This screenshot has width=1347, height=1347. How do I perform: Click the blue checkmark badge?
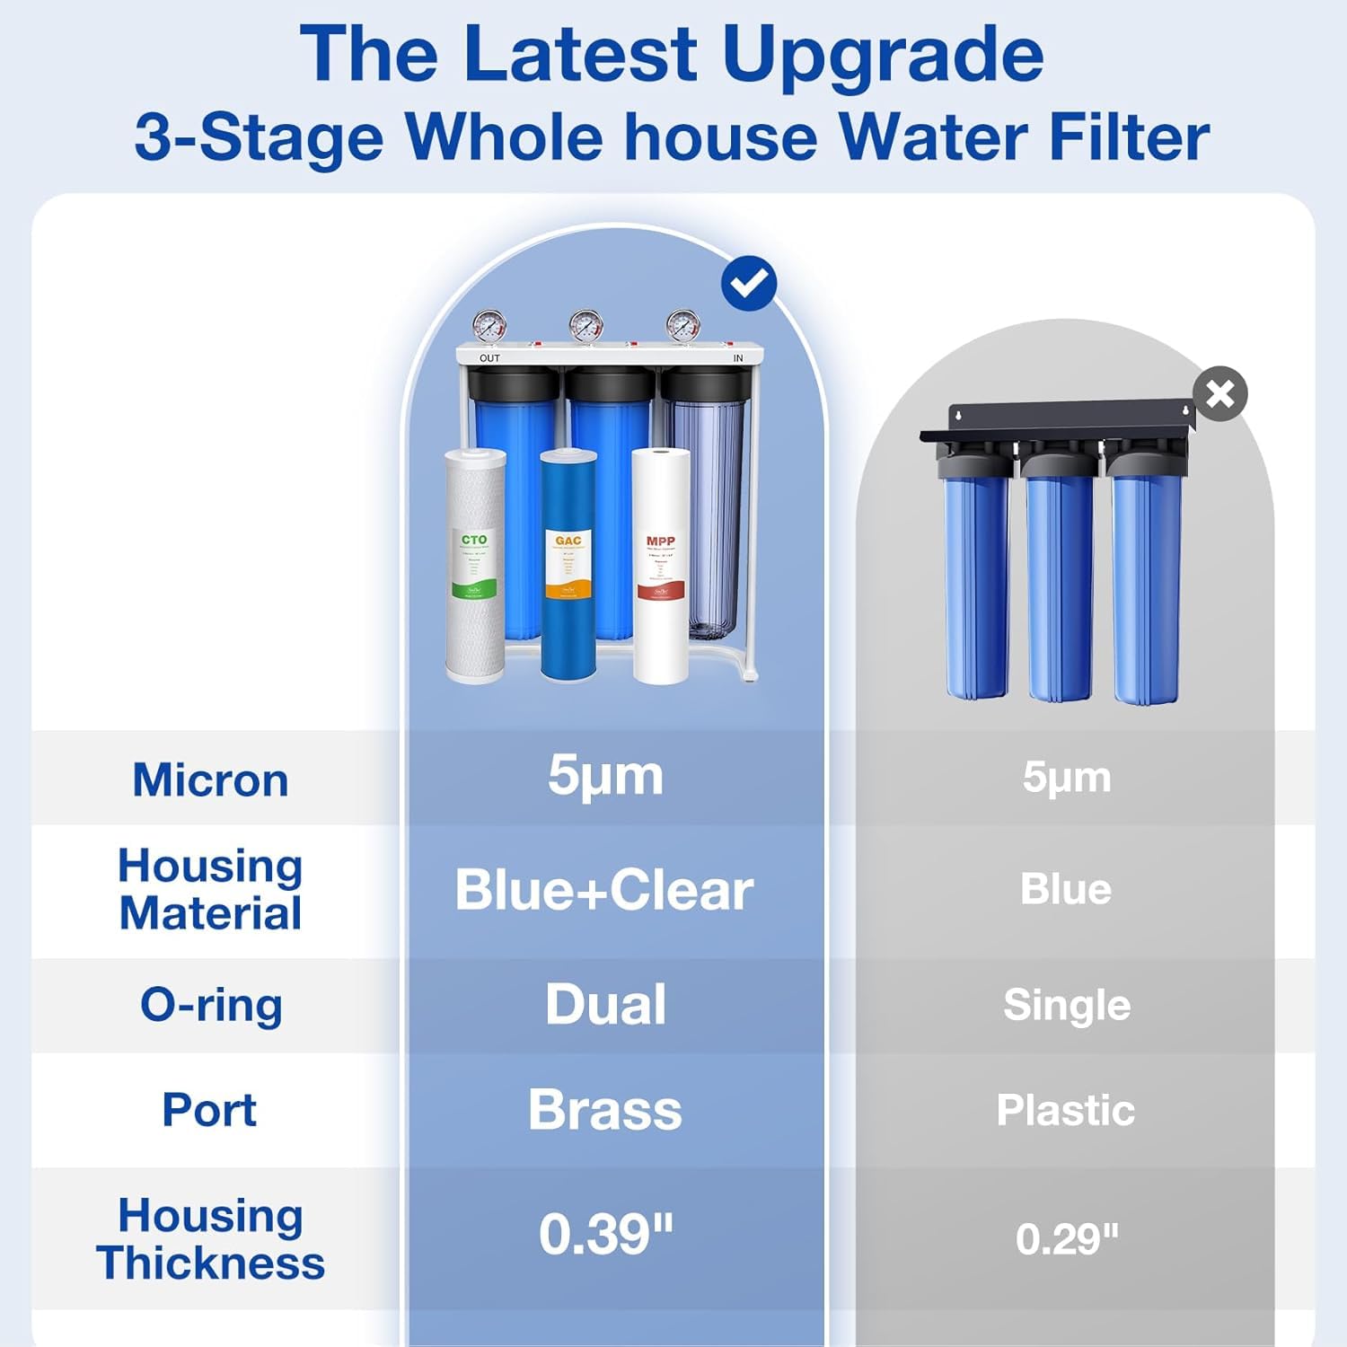click(x=749, y=284)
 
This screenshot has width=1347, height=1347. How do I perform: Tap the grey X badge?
click(x=1220, y=393)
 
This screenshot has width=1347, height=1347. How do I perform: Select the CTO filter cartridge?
click(x=475, y=566)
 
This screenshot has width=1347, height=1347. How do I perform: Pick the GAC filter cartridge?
click(x=568, y=566)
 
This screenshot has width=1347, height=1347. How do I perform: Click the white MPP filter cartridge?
click(x=661, y=566)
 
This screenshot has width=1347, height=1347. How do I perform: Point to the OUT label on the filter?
click(x=489, y=358)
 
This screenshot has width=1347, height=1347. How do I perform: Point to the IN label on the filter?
click(x=738, y=358)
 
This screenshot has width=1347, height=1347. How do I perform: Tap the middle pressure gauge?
click(x=585, y=325)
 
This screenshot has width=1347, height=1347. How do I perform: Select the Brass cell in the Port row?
click(x=604, y=1110)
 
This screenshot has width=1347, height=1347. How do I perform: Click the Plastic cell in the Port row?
click(x=1065, y=1110)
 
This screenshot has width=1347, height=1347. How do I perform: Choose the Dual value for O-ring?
click(x=605, y=1004)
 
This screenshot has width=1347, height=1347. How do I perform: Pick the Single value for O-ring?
click(x=1066, y=1005)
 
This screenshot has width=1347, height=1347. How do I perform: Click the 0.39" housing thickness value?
click(x=605, y=1235)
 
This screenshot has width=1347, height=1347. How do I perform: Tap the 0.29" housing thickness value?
click(x=1067, y=1239)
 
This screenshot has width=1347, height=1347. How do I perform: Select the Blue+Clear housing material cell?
click(x=604, y=890)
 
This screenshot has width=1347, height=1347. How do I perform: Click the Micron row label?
click(x=210, y=779)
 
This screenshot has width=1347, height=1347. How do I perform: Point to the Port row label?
click(x=209, y=1110)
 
